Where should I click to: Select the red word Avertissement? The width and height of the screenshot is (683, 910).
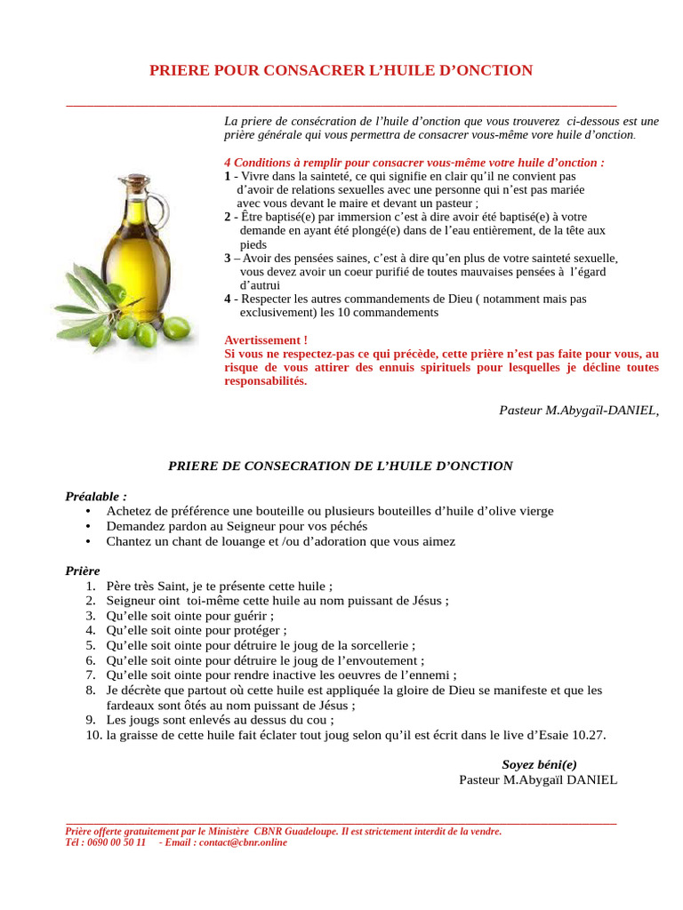coord(263,340)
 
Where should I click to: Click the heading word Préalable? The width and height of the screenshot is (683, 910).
coord(94,496)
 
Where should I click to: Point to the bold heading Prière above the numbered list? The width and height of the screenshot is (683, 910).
coord(83,571)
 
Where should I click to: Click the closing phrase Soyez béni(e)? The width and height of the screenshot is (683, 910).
coord(539,764)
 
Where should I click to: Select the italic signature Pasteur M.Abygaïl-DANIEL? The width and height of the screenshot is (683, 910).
coord(578,410)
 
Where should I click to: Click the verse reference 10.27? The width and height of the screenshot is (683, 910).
coord(587,735)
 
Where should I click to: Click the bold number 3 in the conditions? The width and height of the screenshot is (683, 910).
coord(228,258)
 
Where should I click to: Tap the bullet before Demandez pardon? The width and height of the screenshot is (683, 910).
coord(87,526)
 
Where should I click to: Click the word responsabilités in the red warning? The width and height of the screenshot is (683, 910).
coord(265,380)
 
